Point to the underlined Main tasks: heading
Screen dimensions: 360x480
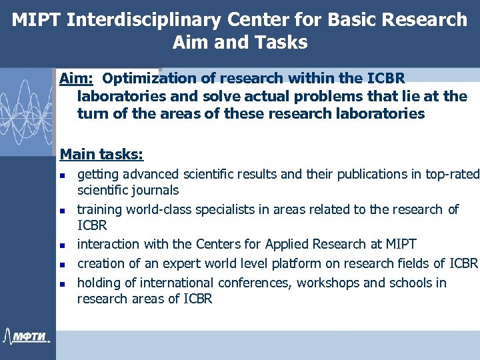[101, 155]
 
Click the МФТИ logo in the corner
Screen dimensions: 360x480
[27, 335]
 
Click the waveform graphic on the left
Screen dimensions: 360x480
[27, 110]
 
